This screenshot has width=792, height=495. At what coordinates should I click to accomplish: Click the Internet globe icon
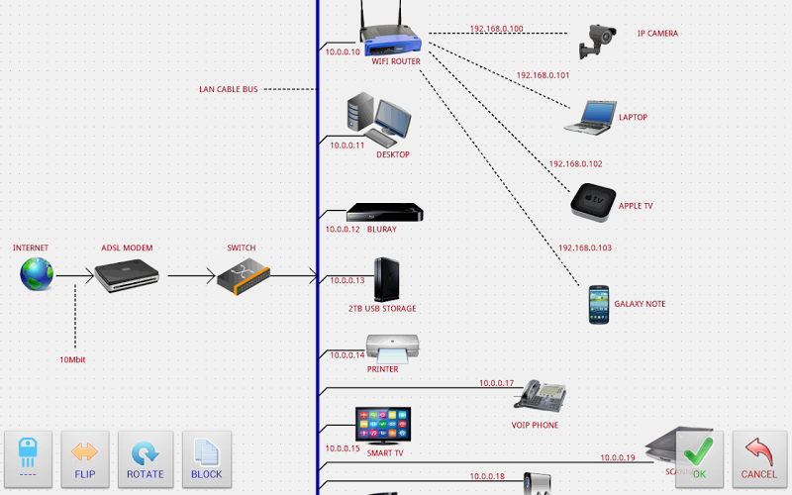coord(37,274)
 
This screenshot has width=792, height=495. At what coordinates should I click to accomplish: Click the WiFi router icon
coord(390,36)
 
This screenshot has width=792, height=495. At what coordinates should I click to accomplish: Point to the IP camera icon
coord(599,41)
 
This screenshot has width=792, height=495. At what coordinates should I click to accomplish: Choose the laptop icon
coord(589,117)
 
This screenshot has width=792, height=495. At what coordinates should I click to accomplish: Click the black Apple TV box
coord(593,202)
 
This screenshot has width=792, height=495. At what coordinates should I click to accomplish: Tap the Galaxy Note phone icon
coord(598,305)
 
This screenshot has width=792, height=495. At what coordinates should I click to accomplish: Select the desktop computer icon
coord(377,120)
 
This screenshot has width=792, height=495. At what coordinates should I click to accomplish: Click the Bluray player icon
coord(384,213)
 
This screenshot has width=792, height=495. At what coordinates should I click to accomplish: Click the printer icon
coord(393,348)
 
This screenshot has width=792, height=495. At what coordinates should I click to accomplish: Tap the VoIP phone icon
coord(541,397)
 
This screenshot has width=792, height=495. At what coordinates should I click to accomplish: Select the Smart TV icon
coord(382,425)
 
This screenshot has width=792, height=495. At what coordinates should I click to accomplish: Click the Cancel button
coord(759,458)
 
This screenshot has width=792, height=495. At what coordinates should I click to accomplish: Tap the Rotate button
coord(146,458)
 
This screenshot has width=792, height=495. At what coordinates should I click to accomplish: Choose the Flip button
coord(85,458)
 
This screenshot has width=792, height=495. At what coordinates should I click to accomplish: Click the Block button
coord(206,458)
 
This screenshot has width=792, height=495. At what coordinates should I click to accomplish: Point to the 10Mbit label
coord(72,359)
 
